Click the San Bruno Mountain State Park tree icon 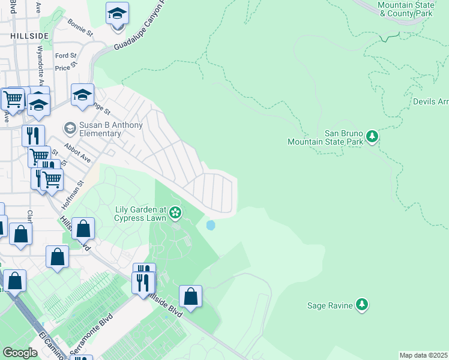(372, 137)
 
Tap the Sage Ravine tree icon (361, 305)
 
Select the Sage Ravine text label (329, 305)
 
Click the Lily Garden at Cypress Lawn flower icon (175, 212)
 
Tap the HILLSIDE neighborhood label (29, 36)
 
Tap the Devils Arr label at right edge (430, 101)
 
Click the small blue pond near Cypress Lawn (210, 226)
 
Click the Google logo (20, 353)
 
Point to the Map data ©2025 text (423, 355)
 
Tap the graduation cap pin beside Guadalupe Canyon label (117, 13)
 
